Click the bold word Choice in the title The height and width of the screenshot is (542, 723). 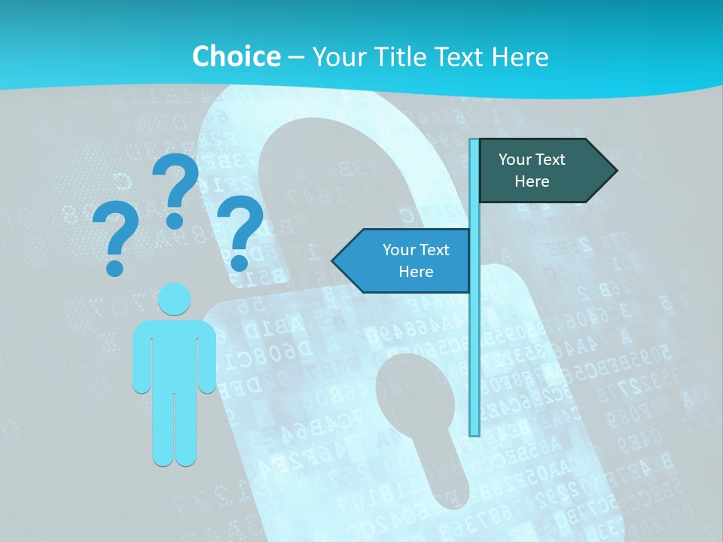[236, 56]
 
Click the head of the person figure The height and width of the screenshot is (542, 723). [174, 299]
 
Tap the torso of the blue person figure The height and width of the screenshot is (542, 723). [174, 354]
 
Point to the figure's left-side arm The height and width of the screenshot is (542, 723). [141, 358]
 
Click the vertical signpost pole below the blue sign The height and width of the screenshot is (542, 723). [474, 361]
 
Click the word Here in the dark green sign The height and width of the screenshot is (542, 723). [532, 181]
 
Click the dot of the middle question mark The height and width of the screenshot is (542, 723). [175, 221]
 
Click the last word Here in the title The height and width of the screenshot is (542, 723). [520, 56]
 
